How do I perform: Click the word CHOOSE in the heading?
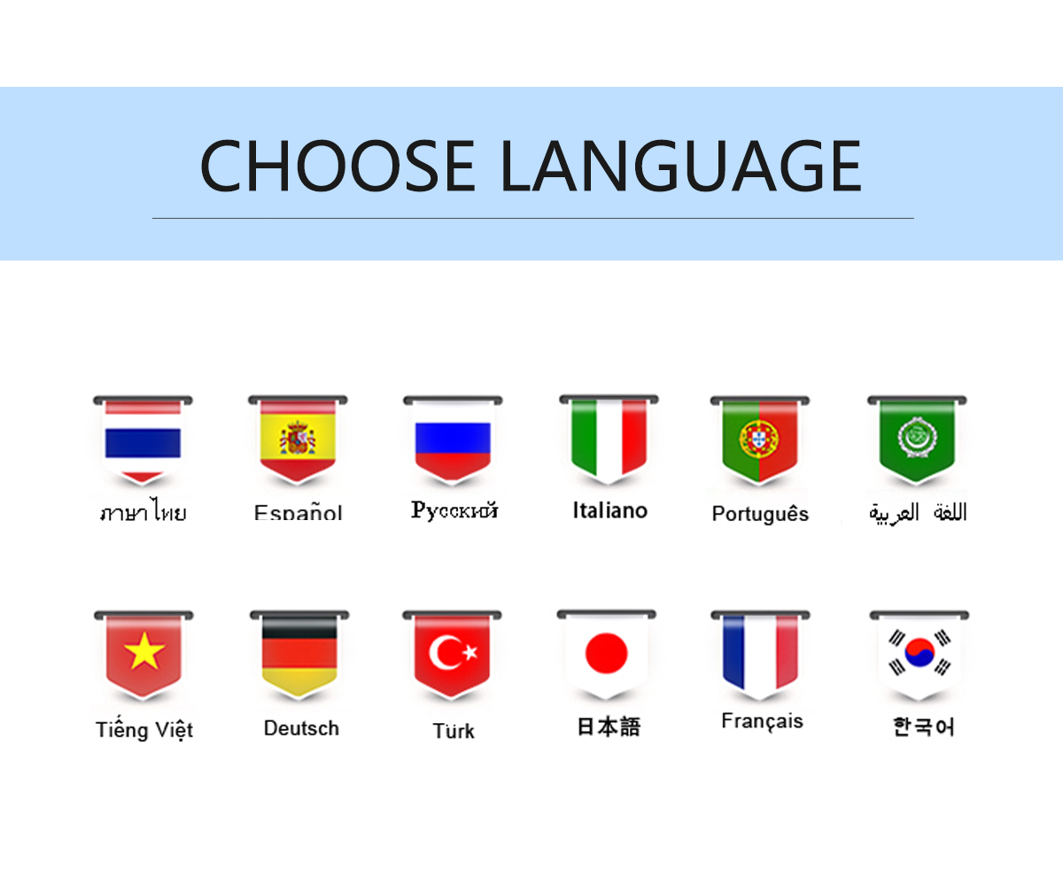pos(338,166)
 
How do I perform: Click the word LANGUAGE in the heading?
pos(681,166)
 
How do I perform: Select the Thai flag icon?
pos(143,440)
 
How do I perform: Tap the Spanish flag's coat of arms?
pos(298,438)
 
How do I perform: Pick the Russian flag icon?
pos(453,440)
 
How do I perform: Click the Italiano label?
pos(610,510)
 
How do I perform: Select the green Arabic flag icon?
pos(917,440)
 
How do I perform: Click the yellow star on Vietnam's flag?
pos(144,651)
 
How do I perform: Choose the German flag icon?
pos(299,656)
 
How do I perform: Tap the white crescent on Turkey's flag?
pos(443,652)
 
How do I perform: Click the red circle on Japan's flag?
pos(606,653)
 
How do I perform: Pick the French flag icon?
pos(761,656)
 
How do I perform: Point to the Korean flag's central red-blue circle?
pos(919,652)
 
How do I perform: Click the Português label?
pos(760,514)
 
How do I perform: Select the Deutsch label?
pos(301,728)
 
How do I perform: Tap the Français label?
pos(762,721)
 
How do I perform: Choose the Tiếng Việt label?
pos(144,730)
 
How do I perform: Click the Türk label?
pos(453,731)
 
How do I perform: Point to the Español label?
pos(298,512)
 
